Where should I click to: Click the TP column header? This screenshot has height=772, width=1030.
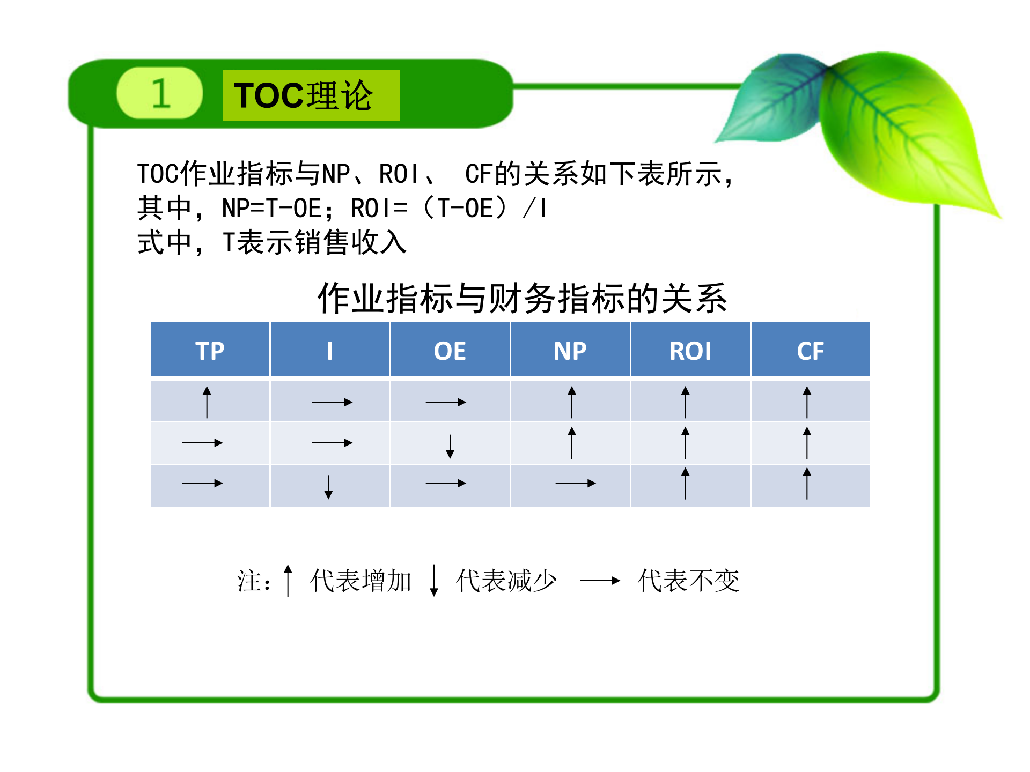coord(210,351)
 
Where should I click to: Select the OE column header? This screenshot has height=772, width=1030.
coord(450,351)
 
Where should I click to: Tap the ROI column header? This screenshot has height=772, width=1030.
coord(690,351)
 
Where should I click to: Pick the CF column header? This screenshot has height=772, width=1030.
coord(810,351)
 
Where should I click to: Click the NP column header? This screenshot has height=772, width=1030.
coord(570,351)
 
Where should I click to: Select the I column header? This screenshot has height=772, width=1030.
coord(329,351)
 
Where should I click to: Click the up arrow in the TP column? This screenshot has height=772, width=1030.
coord(207,402)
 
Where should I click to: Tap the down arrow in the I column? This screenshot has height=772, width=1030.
coord(328,487)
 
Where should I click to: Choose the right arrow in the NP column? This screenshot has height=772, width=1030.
coord(575,484)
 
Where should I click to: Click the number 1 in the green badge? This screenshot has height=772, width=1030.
coord(160,93)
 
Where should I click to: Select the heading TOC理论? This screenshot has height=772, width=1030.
coord(304,96)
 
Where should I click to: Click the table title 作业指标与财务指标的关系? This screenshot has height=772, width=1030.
coord(522,298)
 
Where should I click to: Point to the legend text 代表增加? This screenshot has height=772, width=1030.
coord(360,581)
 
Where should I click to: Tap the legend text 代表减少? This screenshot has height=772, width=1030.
coord(506,581)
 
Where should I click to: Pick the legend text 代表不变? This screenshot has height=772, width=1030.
coord(688,581)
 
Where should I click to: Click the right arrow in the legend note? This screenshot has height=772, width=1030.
coord(600,581)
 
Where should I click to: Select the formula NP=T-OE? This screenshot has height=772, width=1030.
coord(272,209)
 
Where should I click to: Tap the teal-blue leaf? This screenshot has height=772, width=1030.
coord(772,99)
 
